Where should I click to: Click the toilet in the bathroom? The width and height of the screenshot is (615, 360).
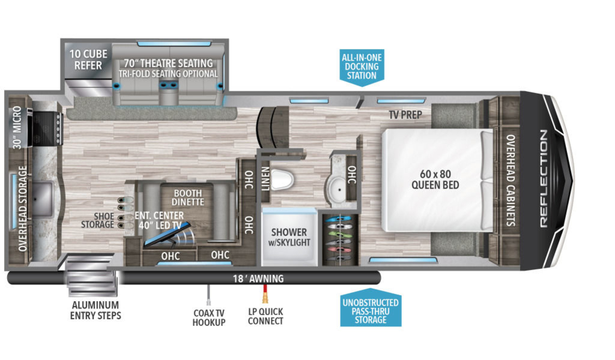[282, 180]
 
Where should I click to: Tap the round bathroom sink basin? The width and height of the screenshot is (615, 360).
[339, 189]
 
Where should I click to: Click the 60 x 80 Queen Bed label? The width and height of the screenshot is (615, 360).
[435, 179]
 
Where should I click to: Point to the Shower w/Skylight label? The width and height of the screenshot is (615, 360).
[289, 237]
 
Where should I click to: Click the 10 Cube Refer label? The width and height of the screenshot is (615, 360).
[88, 59]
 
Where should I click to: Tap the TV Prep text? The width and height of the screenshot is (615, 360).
[405, 115]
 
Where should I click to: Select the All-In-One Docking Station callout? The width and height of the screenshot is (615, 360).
[362, 68]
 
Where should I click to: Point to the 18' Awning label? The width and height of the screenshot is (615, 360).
[258, 279]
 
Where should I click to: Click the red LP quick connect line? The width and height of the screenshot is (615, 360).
[265, 293]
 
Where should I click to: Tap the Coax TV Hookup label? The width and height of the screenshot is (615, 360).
[209, 317]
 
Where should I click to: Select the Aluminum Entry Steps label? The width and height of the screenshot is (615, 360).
[95, 310]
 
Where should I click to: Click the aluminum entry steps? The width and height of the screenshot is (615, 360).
[91, 276]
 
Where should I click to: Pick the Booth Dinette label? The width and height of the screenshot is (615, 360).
[188, 197]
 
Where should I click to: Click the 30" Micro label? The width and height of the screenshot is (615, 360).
[17, 127]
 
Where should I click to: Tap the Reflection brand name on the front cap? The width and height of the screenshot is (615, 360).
[544, 179]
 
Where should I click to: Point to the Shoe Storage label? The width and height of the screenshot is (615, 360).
[97, 220]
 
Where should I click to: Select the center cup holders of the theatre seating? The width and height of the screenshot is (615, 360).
[169, 86]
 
